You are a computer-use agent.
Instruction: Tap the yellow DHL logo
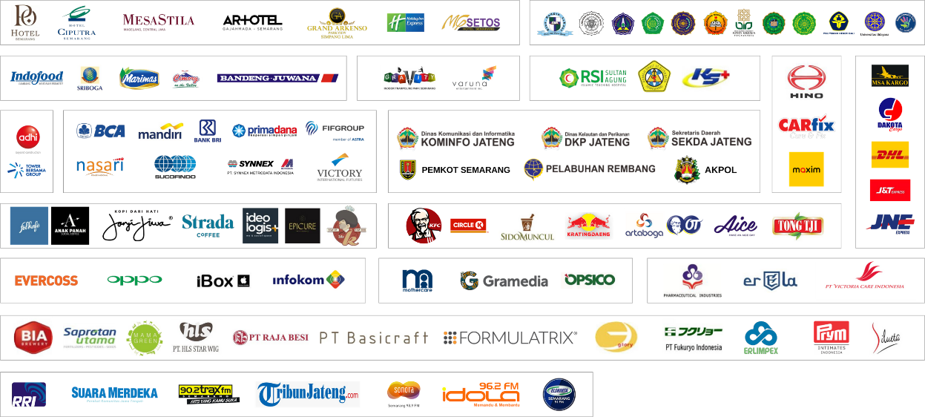(x=889, y=155)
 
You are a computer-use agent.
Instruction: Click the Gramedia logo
(x=504, y=280)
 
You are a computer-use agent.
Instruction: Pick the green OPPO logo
(x=134, y=280)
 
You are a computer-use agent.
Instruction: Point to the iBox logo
(x=225, y=280)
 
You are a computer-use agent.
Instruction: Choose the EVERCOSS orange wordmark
(x=46, y=280)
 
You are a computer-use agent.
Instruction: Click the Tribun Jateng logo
(x=308, y=393)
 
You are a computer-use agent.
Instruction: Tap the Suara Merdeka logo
(x=114, y=393)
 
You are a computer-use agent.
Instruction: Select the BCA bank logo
(x=101, y=131)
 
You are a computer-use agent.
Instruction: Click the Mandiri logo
(x=160, y=131)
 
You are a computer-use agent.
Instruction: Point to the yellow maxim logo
(x=806, y=169)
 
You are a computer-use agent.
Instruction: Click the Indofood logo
(x=37, y=78)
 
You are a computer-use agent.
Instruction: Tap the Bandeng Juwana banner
(x=277, y=77)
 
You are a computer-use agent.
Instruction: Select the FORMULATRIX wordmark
(x=510, y=338)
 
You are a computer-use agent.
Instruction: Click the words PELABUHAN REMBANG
(x=600, y=168)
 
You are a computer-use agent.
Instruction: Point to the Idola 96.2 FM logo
(x=481, y=394)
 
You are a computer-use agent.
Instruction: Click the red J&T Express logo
(x=889, y=190)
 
